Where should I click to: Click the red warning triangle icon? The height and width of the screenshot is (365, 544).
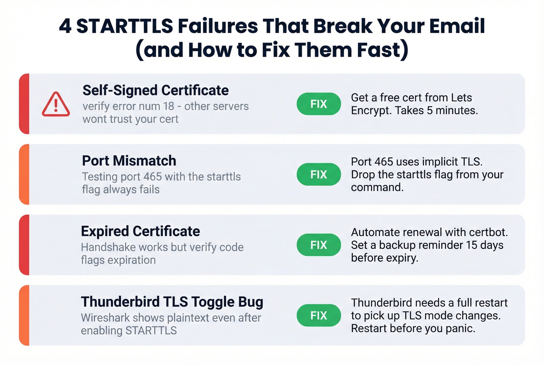tap(56, 104)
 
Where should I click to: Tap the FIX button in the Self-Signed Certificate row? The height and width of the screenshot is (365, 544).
tap(319, 104)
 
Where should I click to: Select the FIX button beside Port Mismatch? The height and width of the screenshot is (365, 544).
tap(319, 175)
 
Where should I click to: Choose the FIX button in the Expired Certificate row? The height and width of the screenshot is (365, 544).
tap(319, 245)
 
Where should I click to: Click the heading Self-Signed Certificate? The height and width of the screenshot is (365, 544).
tap(155, 90)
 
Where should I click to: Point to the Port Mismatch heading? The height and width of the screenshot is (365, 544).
tap(129, 161)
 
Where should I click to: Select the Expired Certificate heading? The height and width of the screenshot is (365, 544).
tap(140, 231)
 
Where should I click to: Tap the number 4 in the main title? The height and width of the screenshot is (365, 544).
tap(65, 26)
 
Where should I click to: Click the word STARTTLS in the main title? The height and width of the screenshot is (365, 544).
tap(124, 26)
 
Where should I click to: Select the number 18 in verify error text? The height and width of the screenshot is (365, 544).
tap(169, 106)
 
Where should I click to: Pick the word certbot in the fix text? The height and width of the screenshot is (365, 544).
tap(488, 232)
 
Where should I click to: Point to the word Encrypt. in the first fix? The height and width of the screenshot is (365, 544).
tap(371, 110)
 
